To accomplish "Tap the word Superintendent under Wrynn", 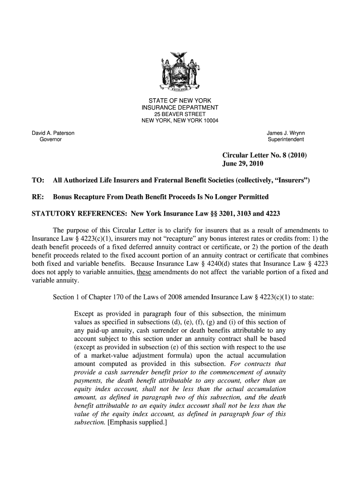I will coord(286,139).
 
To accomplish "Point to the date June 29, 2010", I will coord(243,164).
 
